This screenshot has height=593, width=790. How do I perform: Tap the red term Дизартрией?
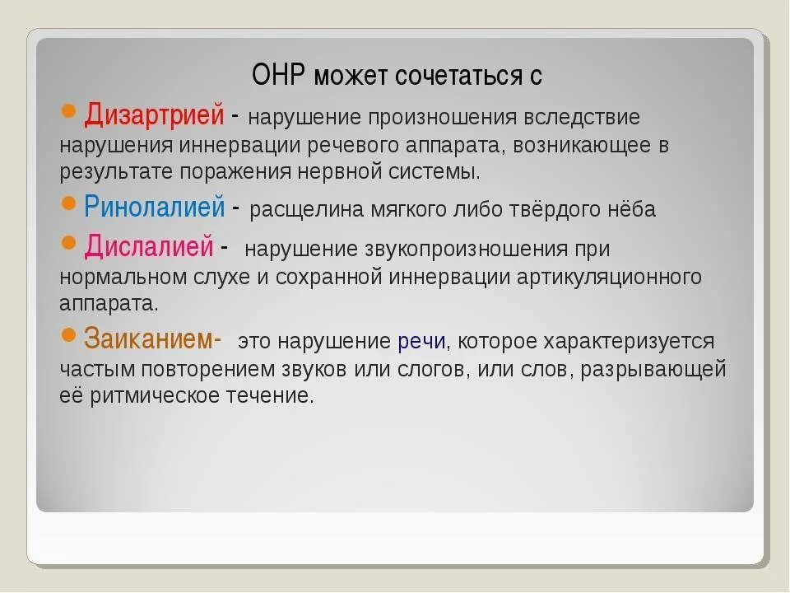coord(154,114)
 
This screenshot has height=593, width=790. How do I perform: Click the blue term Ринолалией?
coord(154,206)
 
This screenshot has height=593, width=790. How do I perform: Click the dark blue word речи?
coord(422,341)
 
